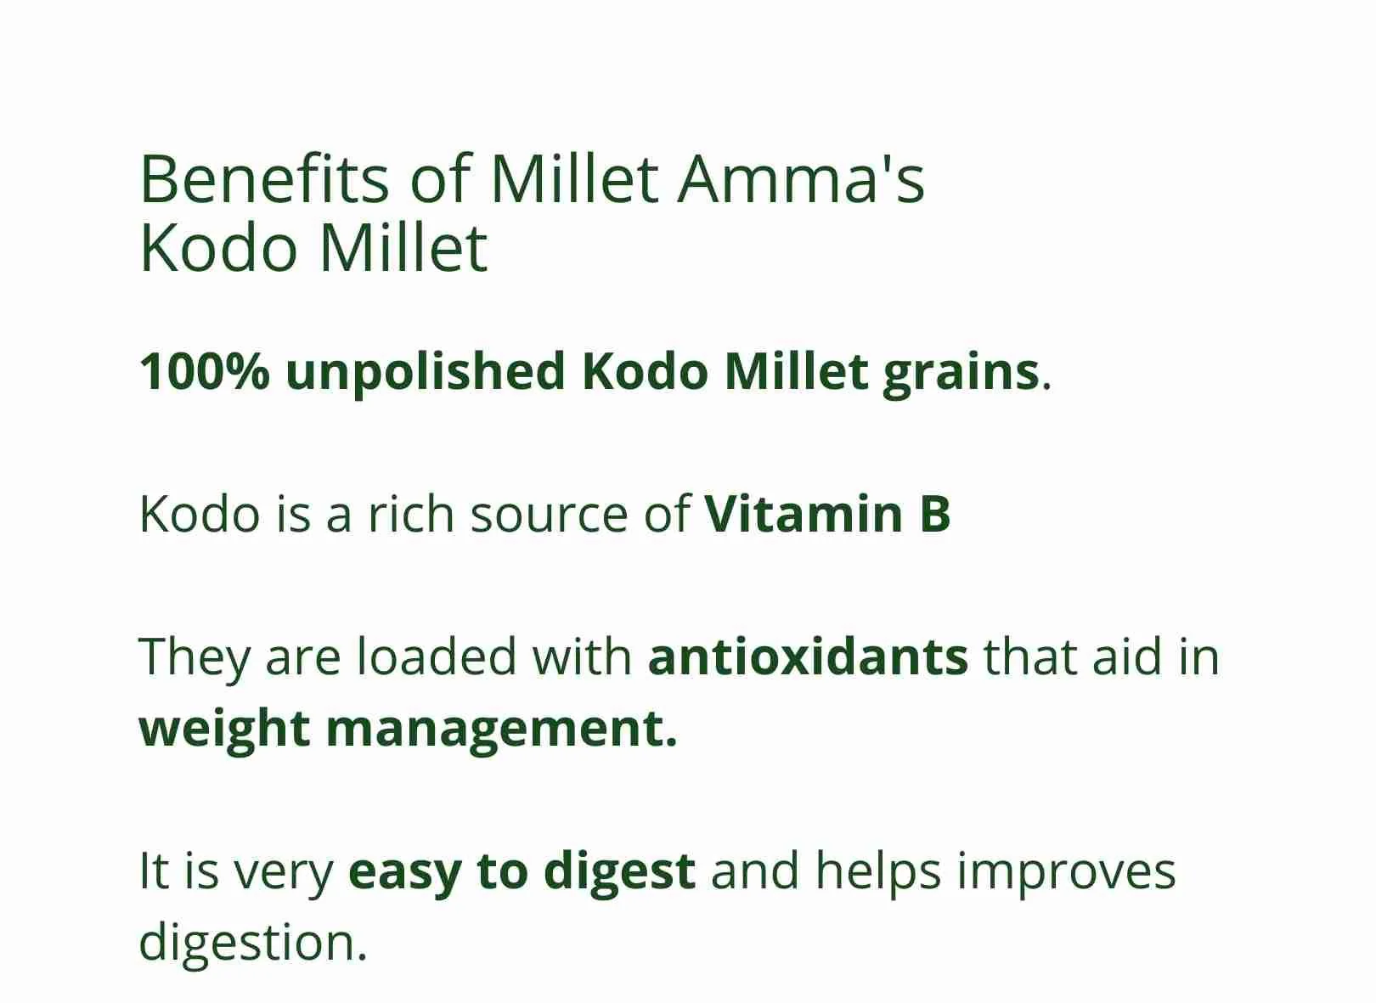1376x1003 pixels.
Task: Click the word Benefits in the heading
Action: pyautogui.click(x=264, y=178)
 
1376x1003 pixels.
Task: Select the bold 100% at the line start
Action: pyautogui.click(x=205, y=372)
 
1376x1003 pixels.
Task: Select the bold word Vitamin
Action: pyautogui.click(x=804, y=514)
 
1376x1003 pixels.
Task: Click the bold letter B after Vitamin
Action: pyautogui.click(x=935, y=514)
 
